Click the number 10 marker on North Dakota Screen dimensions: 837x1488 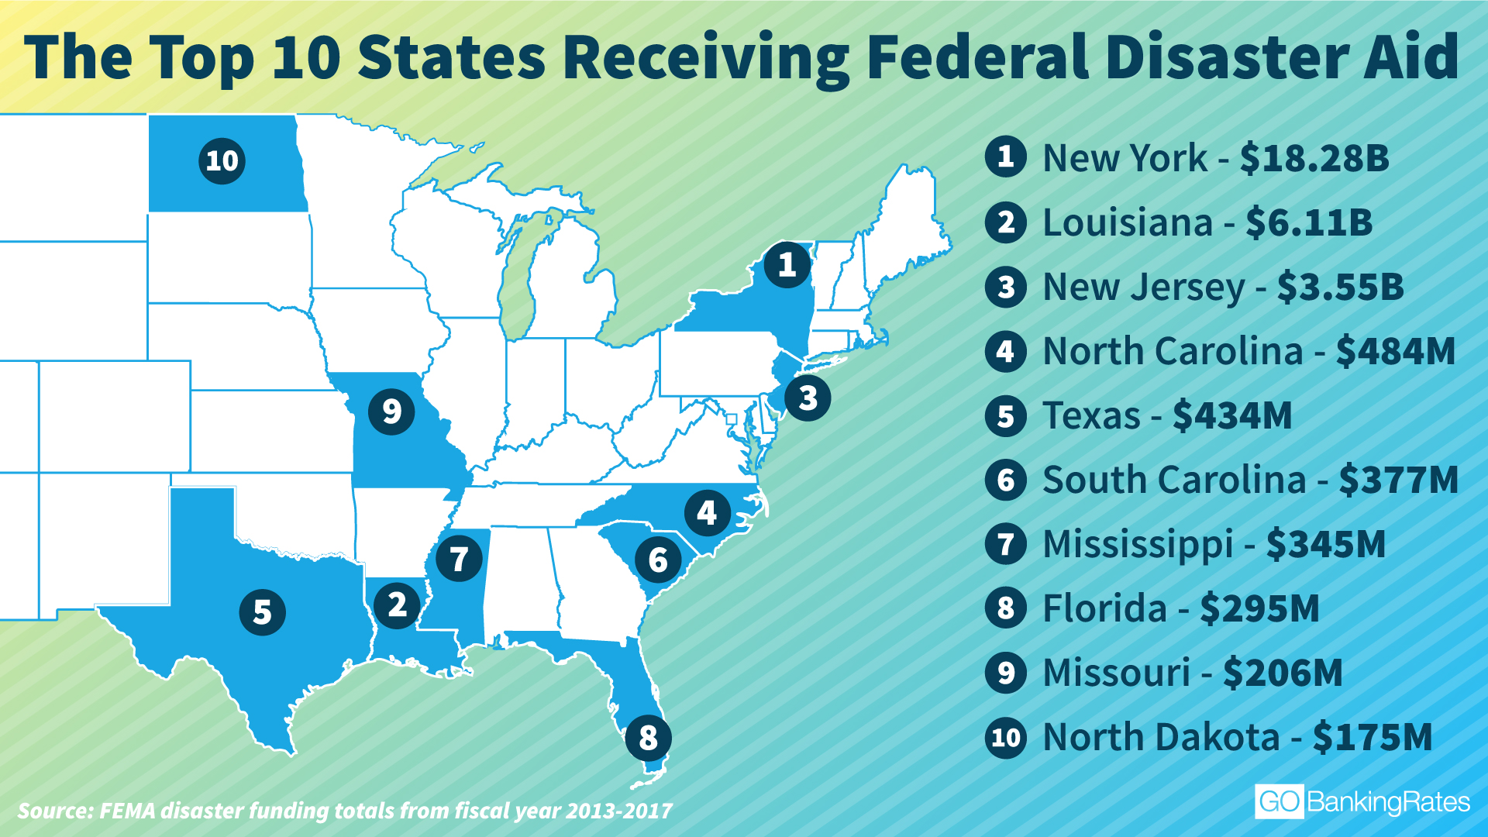(222, 161)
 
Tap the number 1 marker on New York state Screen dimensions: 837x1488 (787, 265)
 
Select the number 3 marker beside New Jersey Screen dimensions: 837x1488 (808, 398)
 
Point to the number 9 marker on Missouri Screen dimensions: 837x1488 (391, 411)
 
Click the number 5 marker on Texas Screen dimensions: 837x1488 (263, 612)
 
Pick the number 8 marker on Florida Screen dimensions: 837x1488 (648, 738)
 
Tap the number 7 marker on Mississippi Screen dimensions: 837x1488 (459, 559)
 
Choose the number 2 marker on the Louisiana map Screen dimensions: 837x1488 (397, 604)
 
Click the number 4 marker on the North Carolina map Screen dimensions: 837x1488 (707, 512)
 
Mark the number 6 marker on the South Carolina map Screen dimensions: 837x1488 (658, 560)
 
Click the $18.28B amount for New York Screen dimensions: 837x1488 (1314, 158)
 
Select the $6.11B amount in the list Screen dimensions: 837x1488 (1309, 222)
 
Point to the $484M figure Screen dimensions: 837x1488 (1396, 351)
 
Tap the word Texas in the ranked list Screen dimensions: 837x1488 (1091, 415)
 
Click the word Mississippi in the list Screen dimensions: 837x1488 (1138, 544)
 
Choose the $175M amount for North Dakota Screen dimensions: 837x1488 (1373, 737)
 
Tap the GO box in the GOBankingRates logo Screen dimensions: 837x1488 (1279, 802)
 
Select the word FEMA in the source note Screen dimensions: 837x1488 (127, 811)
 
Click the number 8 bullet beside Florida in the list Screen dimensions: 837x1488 (1006, 608)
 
